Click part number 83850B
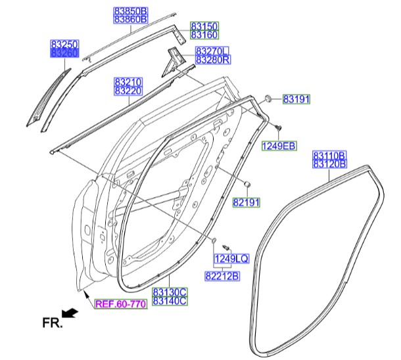[x=131, y=12]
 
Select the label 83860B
[x=131, y=20]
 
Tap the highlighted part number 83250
[x=65, y=44]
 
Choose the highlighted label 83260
[x=65, y=53]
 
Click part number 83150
[x=204, y=26]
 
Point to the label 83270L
[x=212, y=51]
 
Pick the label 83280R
[x=212, y=60]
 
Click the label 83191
[x=296, y=99]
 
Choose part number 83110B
[x=330, y=155]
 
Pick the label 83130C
[x=170, y=292]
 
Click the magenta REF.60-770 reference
[x=120, y=304]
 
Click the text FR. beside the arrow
[x=51, y=323]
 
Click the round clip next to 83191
[x=270, y=99]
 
